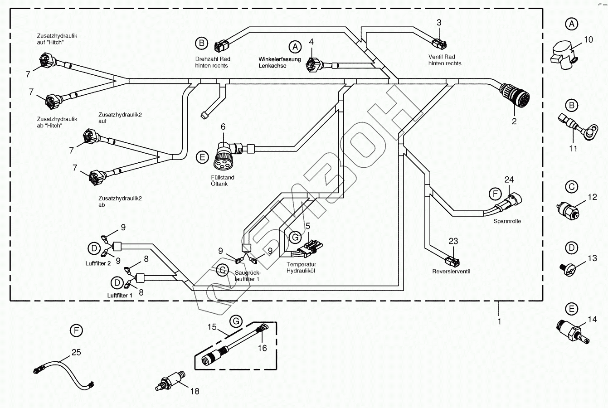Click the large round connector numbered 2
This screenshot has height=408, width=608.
[x=515, y=95]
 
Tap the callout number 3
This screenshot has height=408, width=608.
[x=439, y=23]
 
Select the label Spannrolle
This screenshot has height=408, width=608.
[x=507, y=221]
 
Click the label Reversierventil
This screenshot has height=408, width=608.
[x=451, y=271]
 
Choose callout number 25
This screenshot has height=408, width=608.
[x=76, y=352]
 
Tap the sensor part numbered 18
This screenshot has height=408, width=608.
[x=170, y=381]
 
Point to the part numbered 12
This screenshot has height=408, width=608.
[x=567, y=210]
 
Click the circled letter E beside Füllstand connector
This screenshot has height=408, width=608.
[x=202, y=157]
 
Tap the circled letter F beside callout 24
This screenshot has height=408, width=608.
[x=495, y=194]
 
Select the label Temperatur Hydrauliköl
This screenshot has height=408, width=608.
[x=302, y=267]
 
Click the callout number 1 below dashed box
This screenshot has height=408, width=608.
[x=499, y=321]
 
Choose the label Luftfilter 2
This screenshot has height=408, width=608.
[x=98, y=263]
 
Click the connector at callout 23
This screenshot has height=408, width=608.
[x=452, y=261]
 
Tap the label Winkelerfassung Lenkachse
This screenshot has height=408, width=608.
[x=280, y=63]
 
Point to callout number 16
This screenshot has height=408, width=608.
[x=262, y=348]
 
